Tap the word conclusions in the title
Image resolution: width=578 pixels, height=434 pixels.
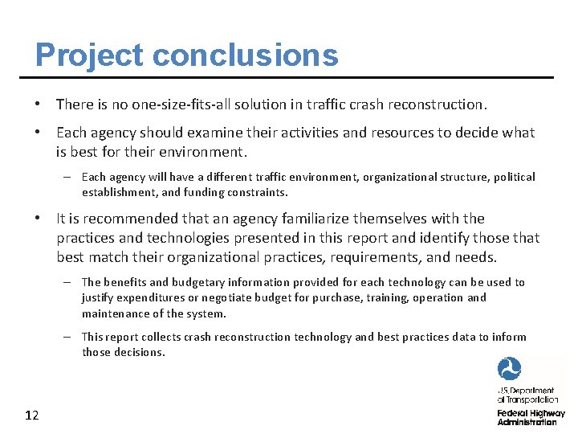pos(245,55)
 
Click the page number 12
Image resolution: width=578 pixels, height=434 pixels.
pos(32,416)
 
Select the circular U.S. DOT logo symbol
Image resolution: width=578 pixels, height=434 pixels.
pos(509,370)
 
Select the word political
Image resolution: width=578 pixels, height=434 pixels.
pos(513,177)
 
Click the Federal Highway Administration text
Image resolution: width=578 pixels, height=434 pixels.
pos(531,417)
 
